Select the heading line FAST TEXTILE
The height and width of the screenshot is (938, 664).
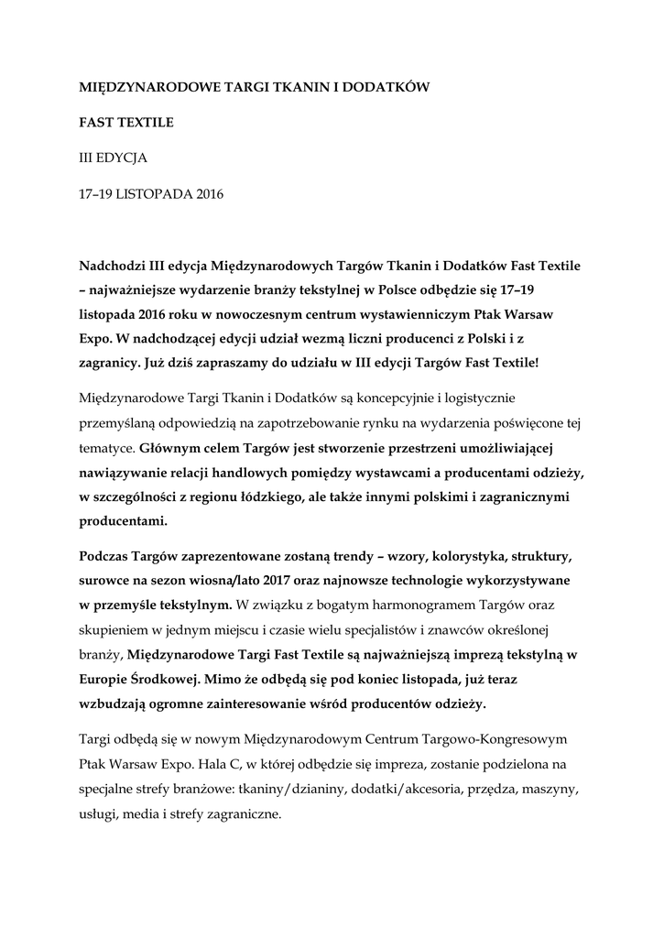click(x=126, y=122)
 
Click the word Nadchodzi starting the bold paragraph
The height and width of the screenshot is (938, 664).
click(x=111, y=266)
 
